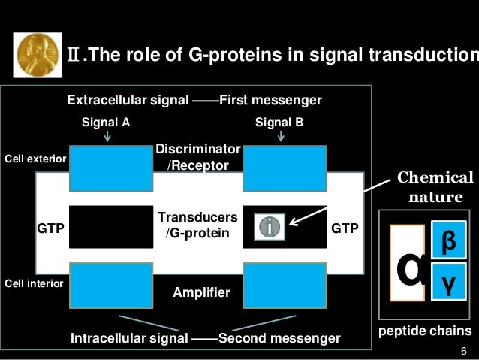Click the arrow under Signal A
(108, 136)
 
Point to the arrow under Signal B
(281, 136)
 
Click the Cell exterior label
(35, 159)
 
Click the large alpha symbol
(408, 268)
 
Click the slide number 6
(463, 351)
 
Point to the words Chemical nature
(435, 188)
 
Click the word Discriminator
(198, 150)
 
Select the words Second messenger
(279, 338)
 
